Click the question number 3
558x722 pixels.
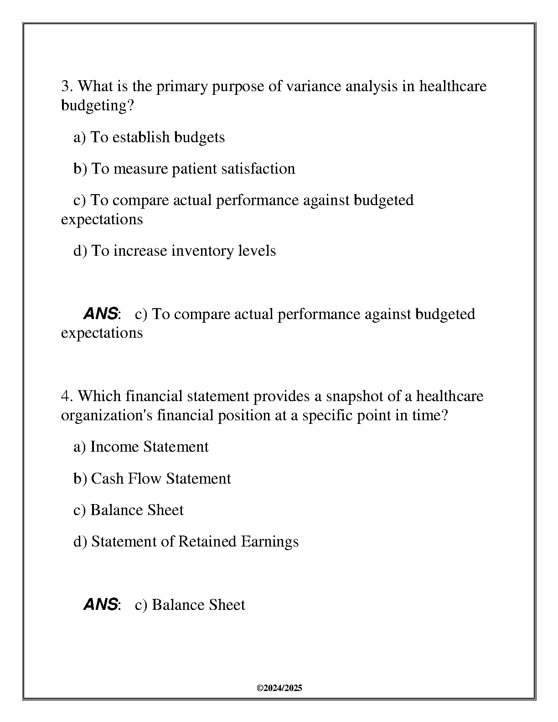click(x=66, y=86)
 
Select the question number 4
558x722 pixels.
click(x=66, y=396)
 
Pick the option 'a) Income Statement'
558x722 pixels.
click(x=141, y=447)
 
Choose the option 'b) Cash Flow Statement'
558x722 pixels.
click(x=152, y=479)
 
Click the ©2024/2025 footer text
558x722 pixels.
click(x=279, y=688)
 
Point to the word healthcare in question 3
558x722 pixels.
click(x=453, y=86)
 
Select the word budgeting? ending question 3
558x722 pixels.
click(x=98, y=106)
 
